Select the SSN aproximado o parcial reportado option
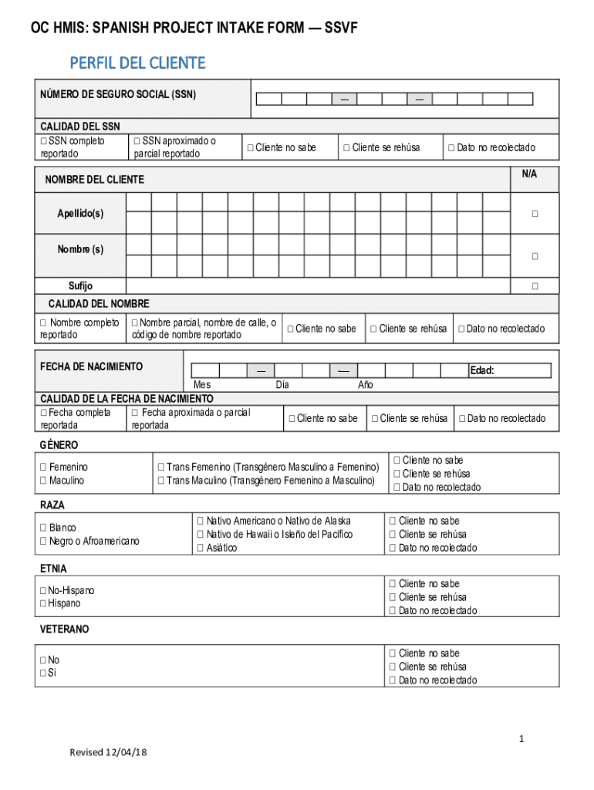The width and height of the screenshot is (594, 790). point(136,141)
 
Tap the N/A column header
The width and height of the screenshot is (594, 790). point(528,174)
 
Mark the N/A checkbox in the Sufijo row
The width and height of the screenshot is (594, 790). point(534,287)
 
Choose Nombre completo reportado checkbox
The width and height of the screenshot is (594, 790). point(44,322)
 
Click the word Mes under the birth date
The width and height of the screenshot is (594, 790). point(202,385)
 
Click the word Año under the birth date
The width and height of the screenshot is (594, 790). point(365,385)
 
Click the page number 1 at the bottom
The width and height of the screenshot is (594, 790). point(521,739)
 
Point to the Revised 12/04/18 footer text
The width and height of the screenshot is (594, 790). point(107,753)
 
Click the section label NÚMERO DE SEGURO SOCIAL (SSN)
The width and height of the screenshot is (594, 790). point(118,95)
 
